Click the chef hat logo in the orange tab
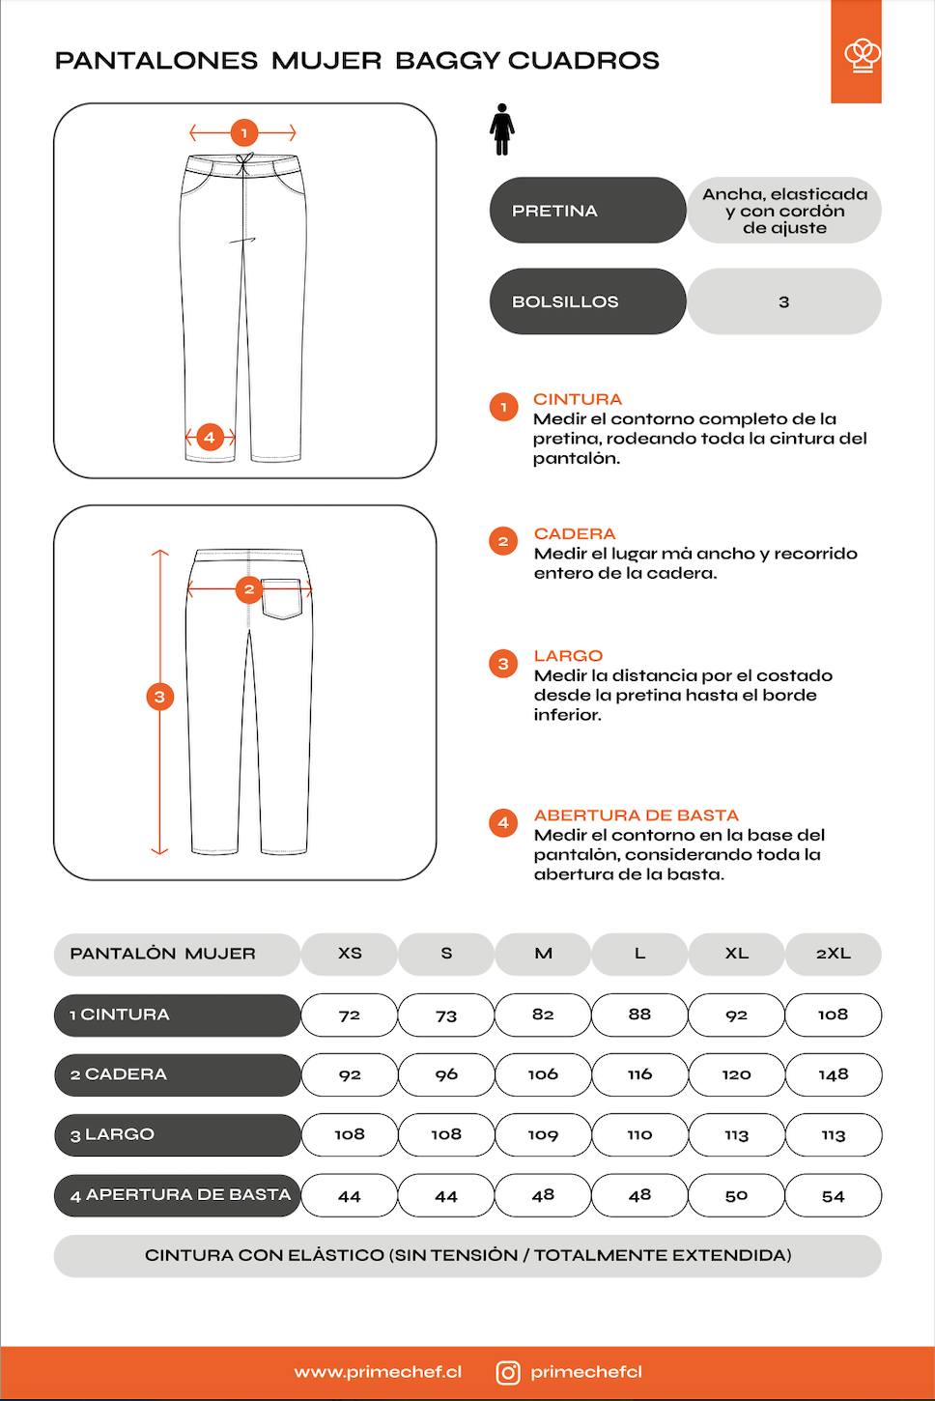862,55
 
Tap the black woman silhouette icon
501,129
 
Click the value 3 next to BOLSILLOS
783,302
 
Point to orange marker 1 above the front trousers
243,133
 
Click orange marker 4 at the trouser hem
210,437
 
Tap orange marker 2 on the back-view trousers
249,589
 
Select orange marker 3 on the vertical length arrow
159,697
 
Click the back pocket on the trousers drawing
282,600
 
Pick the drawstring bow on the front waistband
244,163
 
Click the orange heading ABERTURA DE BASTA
636,815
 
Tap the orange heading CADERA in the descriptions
575,534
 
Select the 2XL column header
833,954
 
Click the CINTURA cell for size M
543,1015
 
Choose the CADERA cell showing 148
833,1075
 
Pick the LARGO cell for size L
639,1135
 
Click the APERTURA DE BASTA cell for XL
736,1196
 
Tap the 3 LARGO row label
177,1135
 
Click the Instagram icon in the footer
508,1373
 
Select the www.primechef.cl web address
378,1372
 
